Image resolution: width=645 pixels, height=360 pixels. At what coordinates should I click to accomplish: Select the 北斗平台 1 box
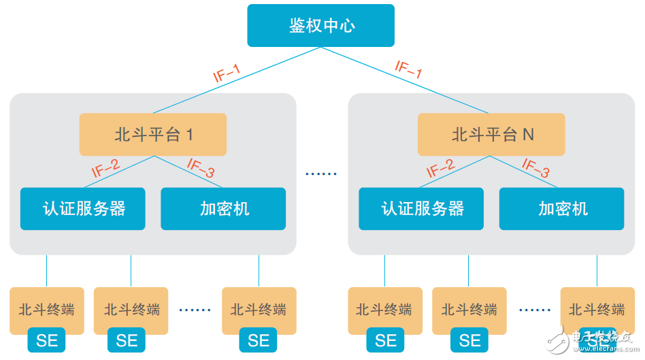click(x=153, y=134)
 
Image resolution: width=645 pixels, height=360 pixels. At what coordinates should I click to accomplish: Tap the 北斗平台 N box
click(x=491, y=134)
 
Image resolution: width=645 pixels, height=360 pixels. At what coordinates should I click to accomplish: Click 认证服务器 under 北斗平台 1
click(x=83, y=208)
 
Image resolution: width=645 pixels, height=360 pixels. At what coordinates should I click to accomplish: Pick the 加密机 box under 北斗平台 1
click(x=223, y=208)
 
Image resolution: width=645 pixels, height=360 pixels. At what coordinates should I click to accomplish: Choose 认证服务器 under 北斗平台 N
click(x=422, y=208)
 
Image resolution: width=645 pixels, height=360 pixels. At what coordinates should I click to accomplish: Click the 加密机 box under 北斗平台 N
click(x=562, y=208)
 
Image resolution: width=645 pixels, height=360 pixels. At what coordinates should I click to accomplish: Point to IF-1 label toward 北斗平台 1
click(x=227, y=73)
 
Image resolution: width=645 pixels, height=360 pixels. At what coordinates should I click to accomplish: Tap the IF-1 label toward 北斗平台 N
click(x=409, y=70)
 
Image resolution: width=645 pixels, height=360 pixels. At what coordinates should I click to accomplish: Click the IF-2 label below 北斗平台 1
click(x=105, y=168)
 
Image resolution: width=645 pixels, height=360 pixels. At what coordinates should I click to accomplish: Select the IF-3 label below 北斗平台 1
click(x=201, y=169)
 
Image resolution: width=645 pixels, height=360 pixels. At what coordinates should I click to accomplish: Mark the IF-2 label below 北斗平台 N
click(x=440, y=168)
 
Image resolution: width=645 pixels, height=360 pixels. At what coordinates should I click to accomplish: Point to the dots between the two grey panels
click(x=321, y=174)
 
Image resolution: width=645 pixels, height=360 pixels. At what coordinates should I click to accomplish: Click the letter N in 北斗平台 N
click(x=528, y=135)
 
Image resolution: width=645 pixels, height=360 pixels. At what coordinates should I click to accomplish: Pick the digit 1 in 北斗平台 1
click(x=190, y=135)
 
